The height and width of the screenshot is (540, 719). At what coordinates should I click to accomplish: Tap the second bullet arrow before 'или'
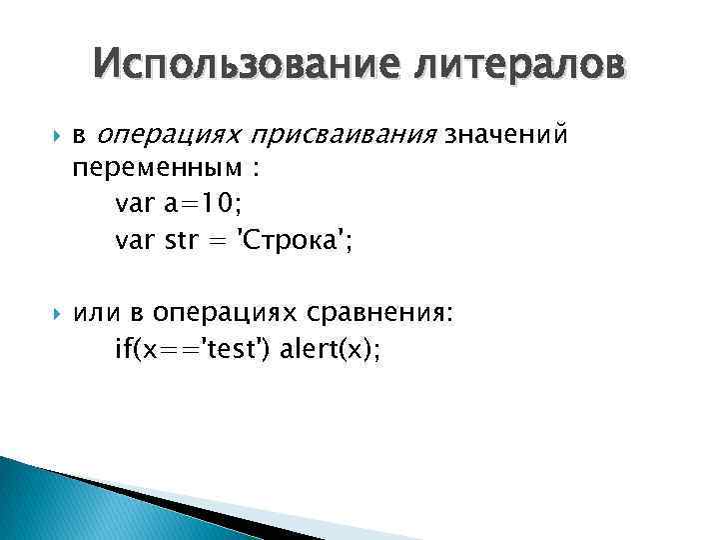(x=43, y=315)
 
